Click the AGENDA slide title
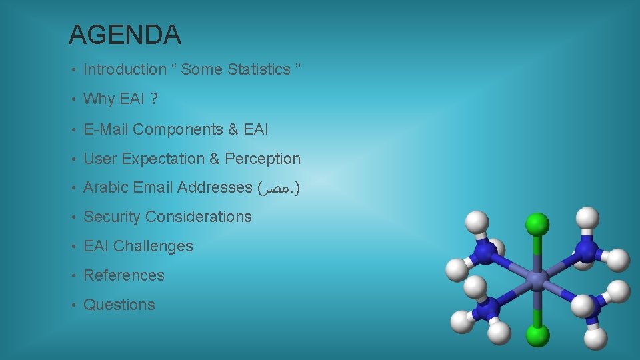click(125, 35)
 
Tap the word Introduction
click(125, 69)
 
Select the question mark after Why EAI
click(154, 99)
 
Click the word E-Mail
click(105, 129)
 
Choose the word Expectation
click(164, 159)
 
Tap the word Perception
click(263, 159)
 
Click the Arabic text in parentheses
click(279, 189)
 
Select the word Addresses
click(214, 188)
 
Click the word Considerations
click(199, 217)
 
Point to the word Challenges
click(153, 246)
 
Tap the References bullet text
click(123, 275)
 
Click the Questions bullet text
click(119, 305)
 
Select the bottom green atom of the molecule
click(537, 334)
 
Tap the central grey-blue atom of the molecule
click(537, 279)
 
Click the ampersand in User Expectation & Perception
click(214, 159)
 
